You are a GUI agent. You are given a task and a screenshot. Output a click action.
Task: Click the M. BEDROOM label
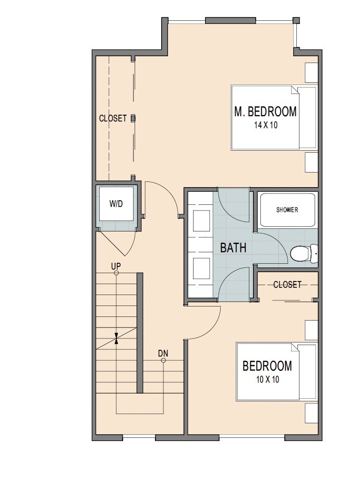266,111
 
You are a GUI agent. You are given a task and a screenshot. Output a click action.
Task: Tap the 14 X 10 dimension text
266,125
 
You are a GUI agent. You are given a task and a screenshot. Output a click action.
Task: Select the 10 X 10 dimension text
267,380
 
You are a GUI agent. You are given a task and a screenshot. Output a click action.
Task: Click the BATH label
233,248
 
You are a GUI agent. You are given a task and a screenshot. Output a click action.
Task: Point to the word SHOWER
287,210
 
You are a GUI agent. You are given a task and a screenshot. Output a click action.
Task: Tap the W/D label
116,203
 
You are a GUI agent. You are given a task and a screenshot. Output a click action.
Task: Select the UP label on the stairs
116,265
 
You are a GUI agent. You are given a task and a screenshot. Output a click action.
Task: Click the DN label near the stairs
163,354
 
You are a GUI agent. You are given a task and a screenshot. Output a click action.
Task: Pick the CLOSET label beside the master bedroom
113,118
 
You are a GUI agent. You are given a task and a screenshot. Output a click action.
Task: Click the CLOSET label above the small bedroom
287,285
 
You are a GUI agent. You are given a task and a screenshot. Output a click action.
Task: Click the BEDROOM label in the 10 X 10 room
267,366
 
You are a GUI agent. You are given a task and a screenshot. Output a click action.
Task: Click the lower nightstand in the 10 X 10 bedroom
311,413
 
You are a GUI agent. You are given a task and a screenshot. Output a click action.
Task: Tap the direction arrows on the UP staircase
116,338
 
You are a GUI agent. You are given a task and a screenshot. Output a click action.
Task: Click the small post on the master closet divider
133,118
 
